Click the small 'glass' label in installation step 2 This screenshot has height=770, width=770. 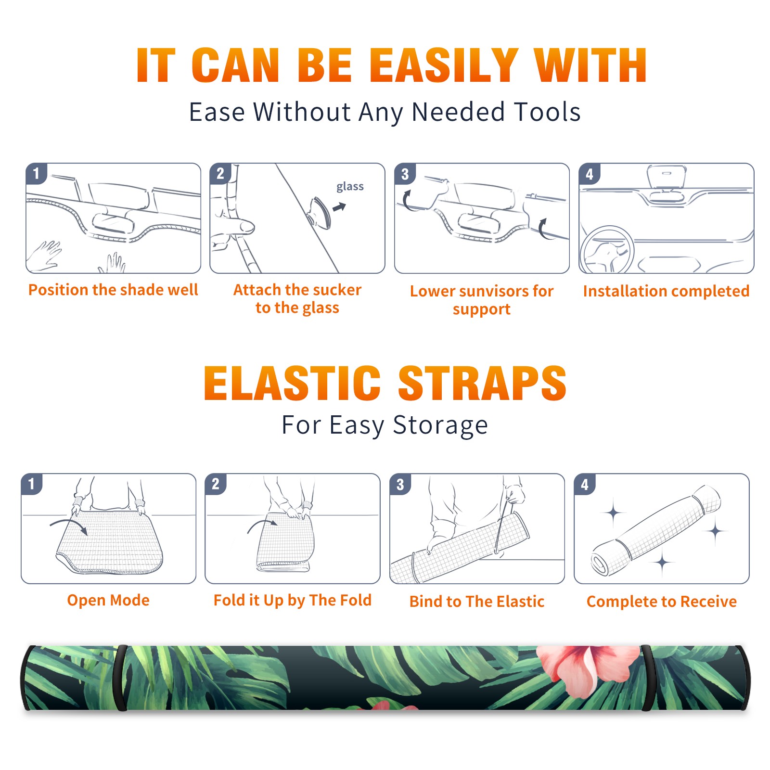point(350,187)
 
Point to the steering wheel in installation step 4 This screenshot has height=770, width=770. point(607,250)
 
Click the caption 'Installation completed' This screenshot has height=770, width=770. point(666,291)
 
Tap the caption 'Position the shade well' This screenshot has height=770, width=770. point(113,290)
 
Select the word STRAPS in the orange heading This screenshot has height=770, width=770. point(482,383)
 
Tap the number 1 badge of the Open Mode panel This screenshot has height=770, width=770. point(32,484)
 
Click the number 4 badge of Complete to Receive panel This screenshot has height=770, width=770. point(585,484)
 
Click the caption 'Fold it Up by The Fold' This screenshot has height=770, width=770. point(293,600)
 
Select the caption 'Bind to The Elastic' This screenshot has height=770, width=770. point(477,602)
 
